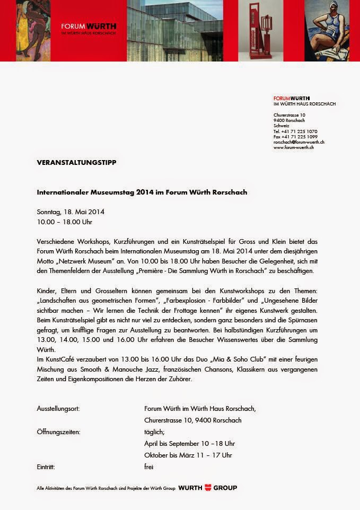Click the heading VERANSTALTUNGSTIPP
[x=76, y=162]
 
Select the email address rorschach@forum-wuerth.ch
[x=299, y=142]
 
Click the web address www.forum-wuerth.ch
[x=294, y=147]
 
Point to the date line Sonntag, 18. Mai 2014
[x=71, y=212]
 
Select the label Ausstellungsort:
[x=58, y=409]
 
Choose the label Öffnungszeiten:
[x=58, y=432]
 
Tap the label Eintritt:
[x=46, y=467]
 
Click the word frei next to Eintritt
[x=149, y=467]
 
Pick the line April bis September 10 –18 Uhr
[x=189, y=443]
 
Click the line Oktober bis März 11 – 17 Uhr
[x=188, y=455]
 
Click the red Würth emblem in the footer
[x=208, y=487]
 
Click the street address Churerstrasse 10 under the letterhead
[x=289, y=115]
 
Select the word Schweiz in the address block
[x=281, y=126]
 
